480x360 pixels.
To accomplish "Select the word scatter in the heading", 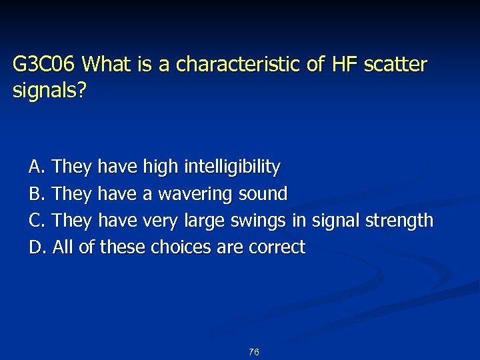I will click(394, 65).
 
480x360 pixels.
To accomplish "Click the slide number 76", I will click(253, 352).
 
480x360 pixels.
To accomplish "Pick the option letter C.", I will click(36, 220).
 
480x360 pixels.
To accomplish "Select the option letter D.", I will click(36, 247).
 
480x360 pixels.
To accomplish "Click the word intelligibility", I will click(232, 167).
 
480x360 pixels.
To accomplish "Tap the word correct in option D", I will click(277, 247).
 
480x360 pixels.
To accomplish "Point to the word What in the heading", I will click(106, 65).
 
